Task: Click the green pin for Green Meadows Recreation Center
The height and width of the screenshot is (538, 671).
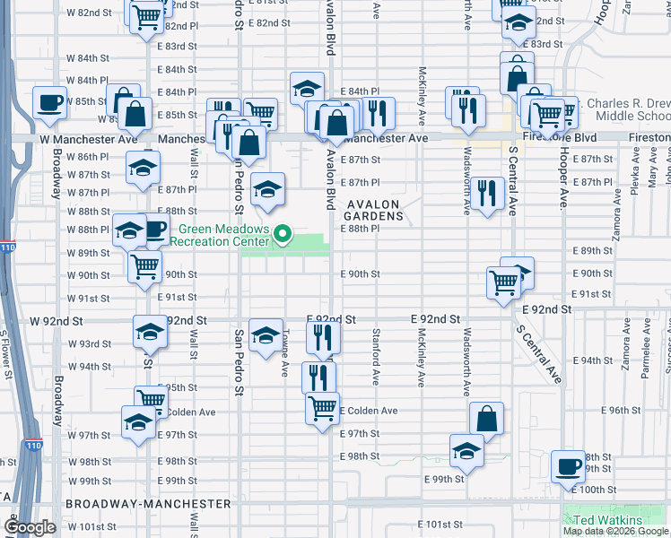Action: tap(283, 235)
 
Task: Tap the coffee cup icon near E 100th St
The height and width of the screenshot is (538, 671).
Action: tap(568, 465)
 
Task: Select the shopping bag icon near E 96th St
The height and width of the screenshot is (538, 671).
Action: tap(486, 417)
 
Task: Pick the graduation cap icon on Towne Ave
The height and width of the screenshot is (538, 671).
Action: tap(266, 334)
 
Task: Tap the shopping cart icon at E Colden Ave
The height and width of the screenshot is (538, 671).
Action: tap(322, 407)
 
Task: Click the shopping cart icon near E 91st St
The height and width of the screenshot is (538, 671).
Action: tap(504, 282)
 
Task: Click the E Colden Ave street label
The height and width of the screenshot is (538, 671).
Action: tap(368, 411)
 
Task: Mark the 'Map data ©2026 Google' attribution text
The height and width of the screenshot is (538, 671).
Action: tap(615, 531)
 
